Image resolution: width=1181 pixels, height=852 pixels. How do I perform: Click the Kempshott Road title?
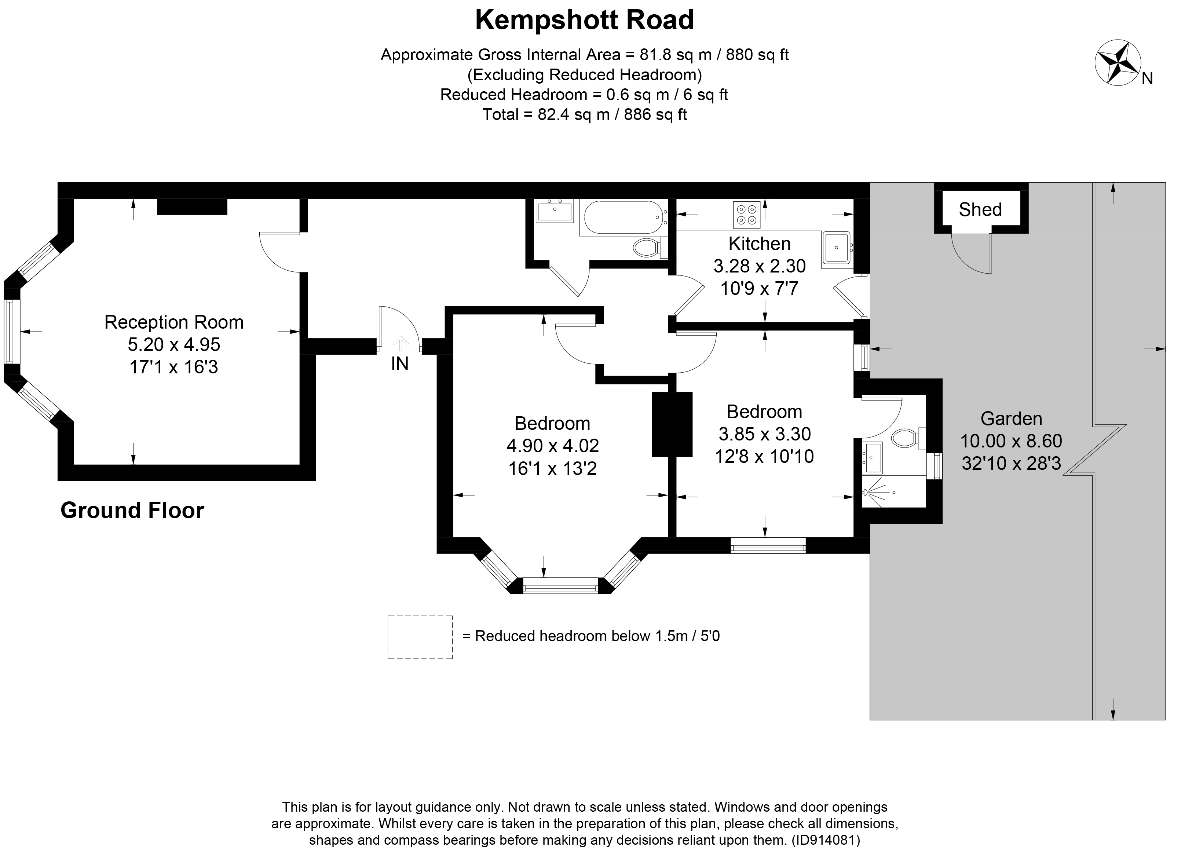point(584,20)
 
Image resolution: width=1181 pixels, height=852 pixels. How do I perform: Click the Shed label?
point(980,209)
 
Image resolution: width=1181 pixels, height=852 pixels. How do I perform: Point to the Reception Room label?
point(174,322)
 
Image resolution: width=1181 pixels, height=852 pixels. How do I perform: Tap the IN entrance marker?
point(399,363)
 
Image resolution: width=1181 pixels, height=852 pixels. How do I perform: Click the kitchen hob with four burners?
point(747,215)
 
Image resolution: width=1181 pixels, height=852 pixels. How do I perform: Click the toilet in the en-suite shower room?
point(908,438)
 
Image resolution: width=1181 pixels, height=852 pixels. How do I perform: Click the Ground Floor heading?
point(132,511)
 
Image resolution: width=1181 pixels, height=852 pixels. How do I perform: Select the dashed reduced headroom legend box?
point(420,637)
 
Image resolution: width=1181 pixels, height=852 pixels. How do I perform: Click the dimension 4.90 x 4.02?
point(552,446)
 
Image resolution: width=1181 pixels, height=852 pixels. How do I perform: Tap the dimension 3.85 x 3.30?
point(764,434)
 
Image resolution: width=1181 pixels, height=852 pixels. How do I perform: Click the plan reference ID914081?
point(825,840)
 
